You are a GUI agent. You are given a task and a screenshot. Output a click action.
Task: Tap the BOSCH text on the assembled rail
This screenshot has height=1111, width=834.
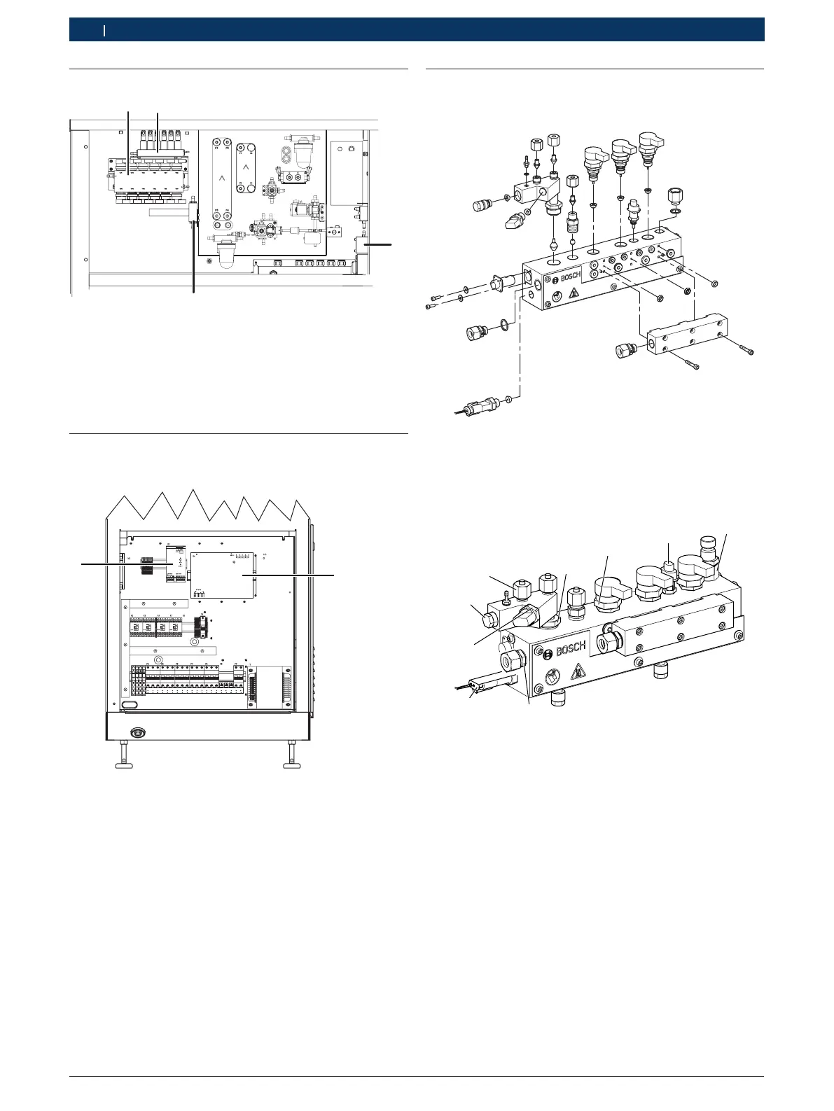pyautogui.click(x=571, y=648)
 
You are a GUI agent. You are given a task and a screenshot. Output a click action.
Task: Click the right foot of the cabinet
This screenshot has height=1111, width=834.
pyautogui.click(x=291, y=757)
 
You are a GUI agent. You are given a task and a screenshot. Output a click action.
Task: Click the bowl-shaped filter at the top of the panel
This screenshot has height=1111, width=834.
pyautogui.click(x=303, y=151)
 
